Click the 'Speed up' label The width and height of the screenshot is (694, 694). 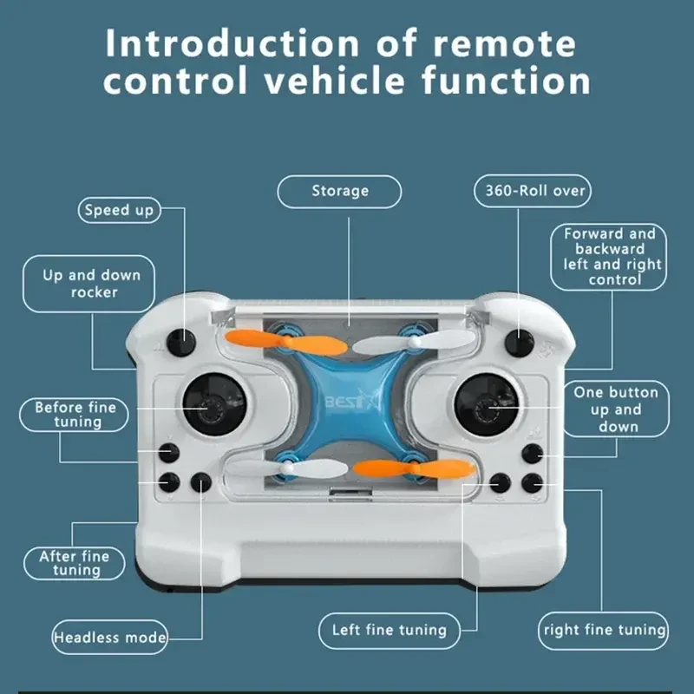click(x=120, y=209)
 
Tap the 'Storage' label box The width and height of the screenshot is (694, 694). click(x=340, y=191)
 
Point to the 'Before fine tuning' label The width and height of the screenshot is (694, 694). click(x=75, y=415)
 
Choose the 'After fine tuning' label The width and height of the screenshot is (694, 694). click(x=75, y=563)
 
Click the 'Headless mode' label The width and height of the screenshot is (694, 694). click(x=110, y=637)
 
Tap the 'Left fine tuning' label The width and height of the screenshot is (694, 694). click(x=390, y=630)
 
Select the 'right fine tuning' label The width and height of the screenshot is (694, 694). click(x=605, y=630)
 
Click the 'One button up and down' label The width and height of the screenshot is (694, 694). click(x=616, y=409)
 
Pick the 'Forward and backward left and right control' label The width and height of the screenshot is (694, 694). click(x=611, y=257)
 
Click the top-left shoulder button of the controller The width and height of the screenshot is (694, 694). click(x=183, y=341)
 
